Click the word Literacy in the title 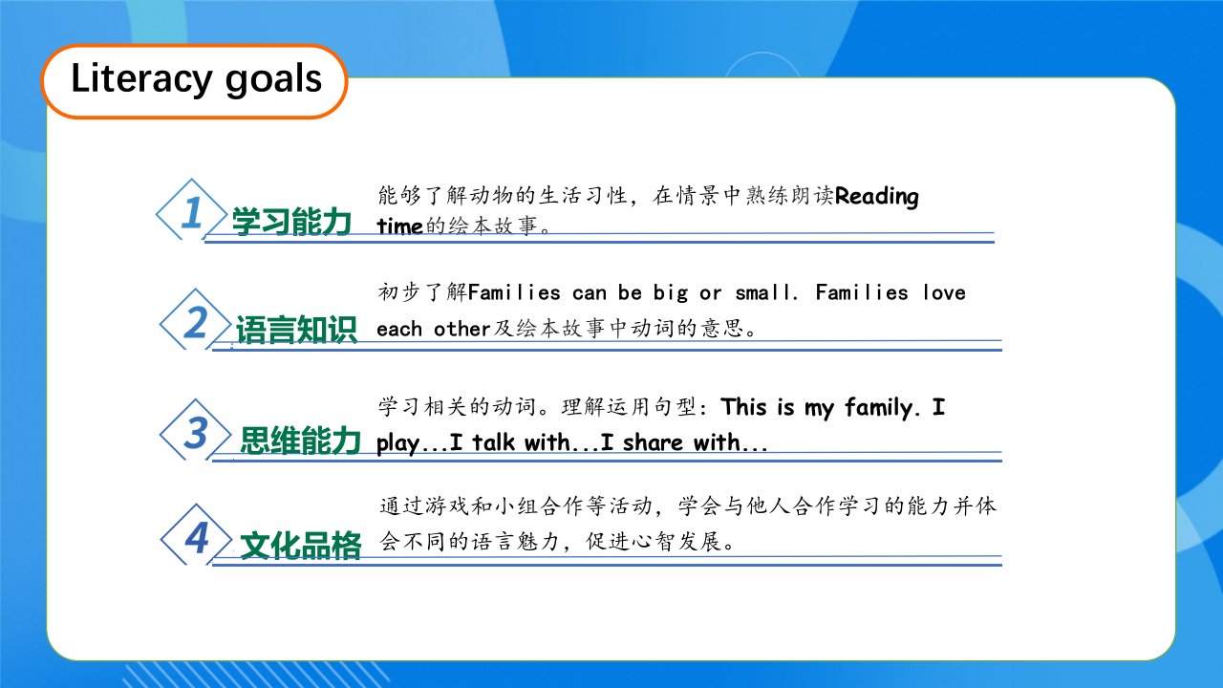click(141, 79)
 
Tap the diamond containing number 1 click(192, 209)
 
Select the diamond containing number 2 click(196, 319)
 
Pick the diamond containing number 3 click(196, 430)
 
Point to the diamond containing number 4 click(197, 534)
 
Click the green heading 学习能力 click(291, 221)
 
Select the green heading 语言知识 click(296, 330)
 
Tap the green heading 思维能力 click(300, 441)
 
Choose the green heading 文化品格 click(300, 546)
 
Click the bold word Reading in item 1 click(877, 196)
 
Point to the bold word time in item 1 click(399, 226)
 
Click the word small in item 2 click(762, 292)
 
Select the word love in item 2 click(944, 292)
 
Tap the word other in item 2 click(461, 329)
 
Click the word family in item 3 click(878, 408)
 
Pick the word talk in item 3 click(493, 442)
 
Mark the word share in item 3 click(653, 442)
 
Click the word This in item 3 click(743, 407)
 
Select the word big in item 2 click(671, 293)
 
